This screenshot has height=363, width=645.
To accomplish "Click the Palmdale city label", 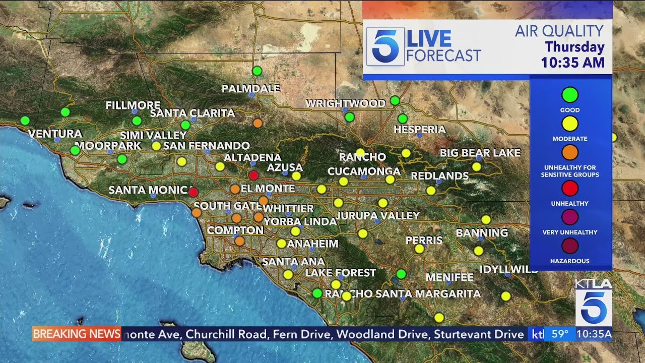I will (x=251, y=89).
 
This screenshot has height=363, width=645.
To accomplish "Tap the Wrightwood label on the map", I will (x=345, y=104).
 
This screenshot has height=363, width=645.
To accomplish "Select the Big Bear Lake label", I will (x=480, y=153).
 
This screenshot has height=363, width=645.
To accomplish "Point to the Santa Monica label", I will (x=149, y=191).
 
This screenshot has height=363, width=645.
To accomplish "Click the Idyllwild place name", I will (x=508, y=269).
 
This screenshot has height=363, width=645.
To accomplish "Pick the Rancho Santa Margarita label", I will (x=403, y=293).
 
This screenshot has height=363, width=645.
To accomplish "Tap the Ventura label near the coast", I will (x=55, y=134).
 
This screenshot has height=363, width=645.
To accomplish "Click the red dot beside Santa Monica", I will (x=193, y=192).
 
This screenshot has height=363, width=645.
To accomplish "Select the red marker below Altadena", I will (x=253, y=175).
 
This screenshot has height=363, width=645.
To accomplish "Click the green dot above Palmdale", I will (x=257, y=71).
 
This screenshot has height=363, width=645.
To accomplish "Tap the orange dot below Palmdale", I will (x=257, y=123).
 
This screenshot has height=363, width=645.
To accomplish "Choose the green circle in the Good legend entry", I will (x=570, y=95).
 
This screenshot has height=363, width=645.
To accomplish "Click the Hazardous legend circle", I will (x=570, y=246).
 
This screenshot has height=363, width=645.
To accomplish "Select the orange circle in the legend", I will (x=570, y=152).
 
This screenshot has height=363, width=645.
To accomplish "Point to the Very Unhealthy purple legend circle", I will (x=570, y=217).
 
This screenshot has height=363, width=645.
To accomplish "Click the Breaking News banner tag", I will (x=77, y=334).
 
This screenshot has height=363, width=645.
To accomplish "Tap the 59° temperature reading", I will (x=559, y=334).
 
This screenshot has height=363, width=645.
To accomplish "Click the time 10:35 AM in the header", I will (x=572, y=63).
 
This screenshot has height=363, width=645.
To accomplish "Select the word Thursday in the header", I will (x=574, y=47).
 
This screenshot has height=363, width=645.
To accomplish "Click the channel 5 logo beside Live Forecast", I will (x=385, y=46).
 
